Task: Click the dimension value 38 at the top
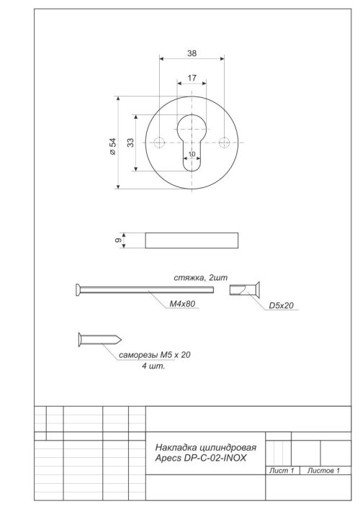point(192,53)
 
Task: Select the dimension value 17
point(192,77)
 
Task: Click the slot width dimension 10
point(192,154)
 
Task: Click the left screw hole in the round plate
point(158,142)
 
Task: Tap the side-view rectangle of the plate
point(192,240)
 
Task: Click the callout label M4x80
point(183,305)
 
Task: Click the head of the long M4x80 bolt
point(78,289)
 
